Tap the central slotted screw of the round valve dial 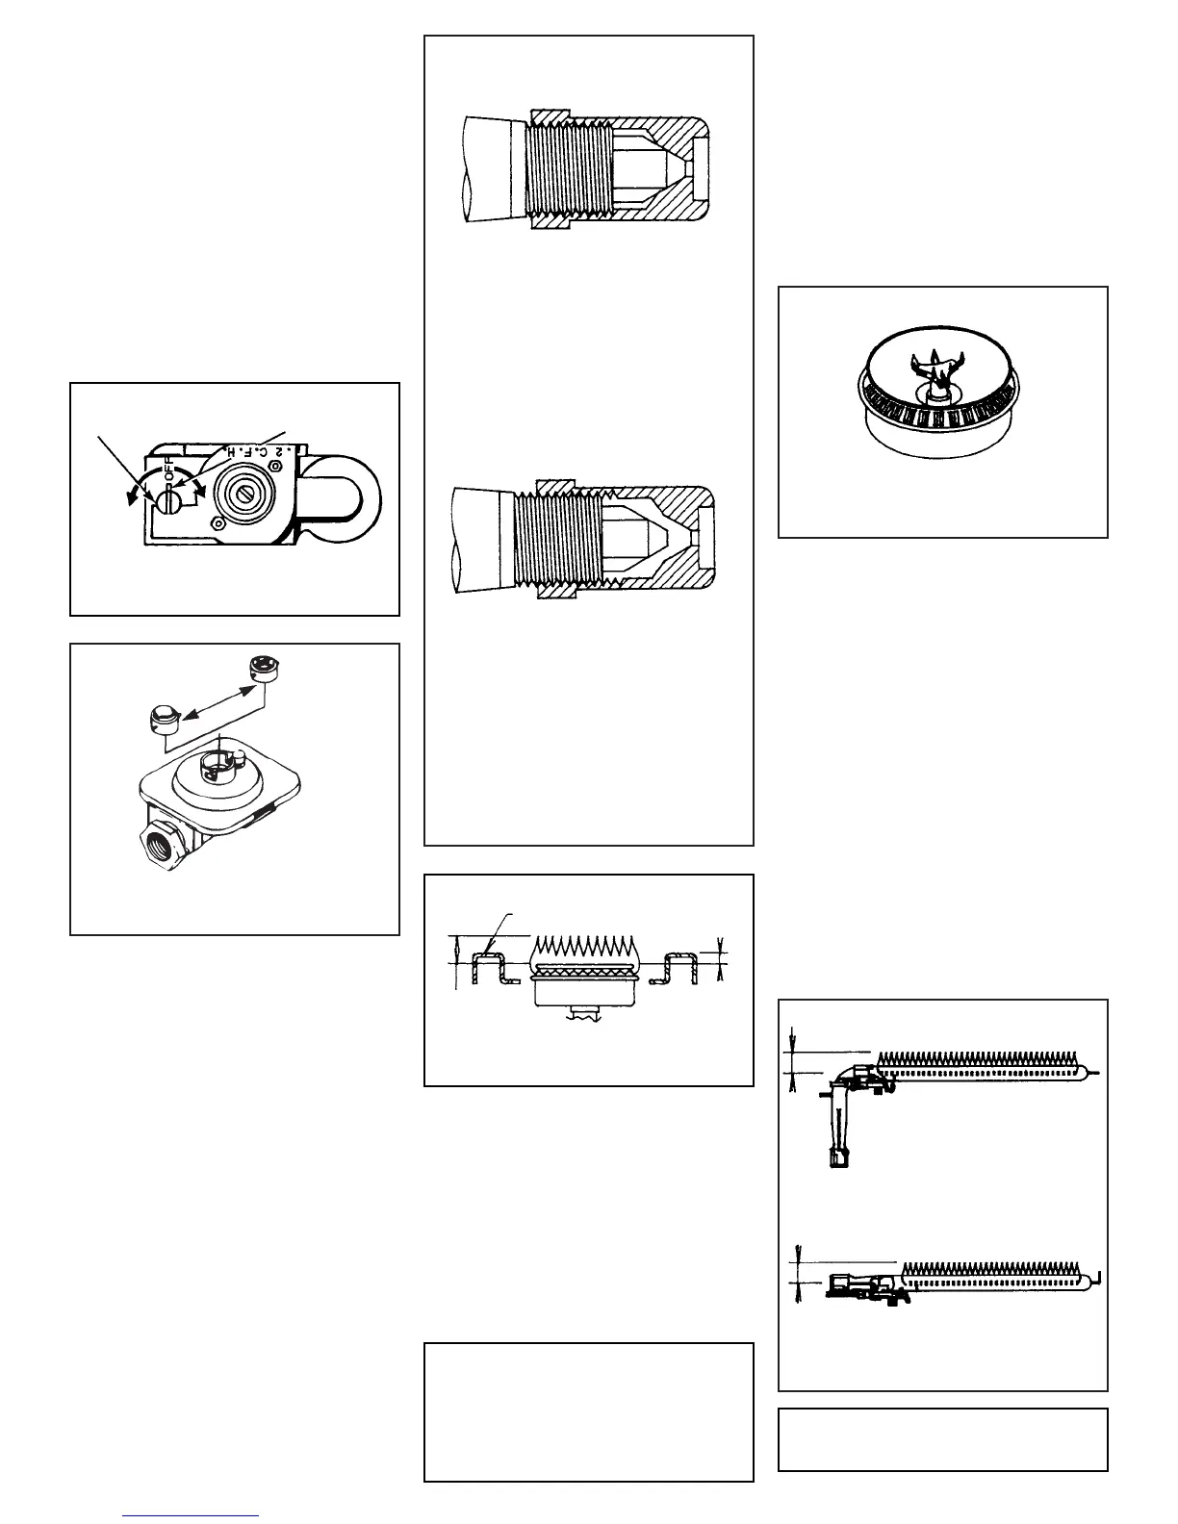(x=243, y=496)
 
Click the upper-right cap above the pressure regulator (x=261, y=667)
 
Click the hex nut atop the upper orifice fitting (x=552, y=117)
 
